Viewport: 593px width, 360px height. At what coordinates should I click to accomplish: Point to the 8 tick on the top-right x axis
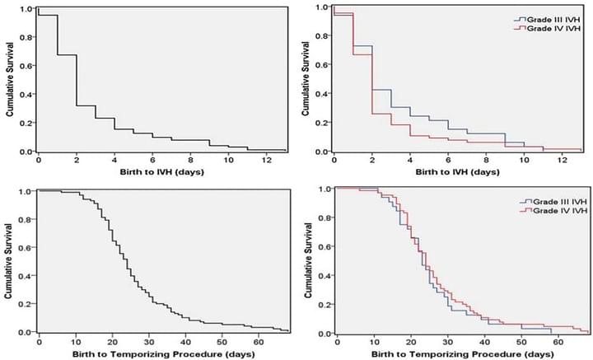[486, 159]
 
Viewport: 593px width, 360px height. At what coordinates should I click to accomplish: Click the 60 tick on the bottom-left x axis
[260, 340]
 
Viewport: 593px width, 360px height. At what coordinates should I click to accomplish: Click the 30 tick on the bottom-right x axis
[446, 341]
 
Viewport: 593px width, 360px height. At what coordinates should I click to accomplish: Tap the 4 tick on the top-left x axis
[114, 159]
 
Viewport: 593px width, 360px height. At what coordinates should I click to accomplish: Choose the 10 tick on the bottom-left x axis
[75, 340]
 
